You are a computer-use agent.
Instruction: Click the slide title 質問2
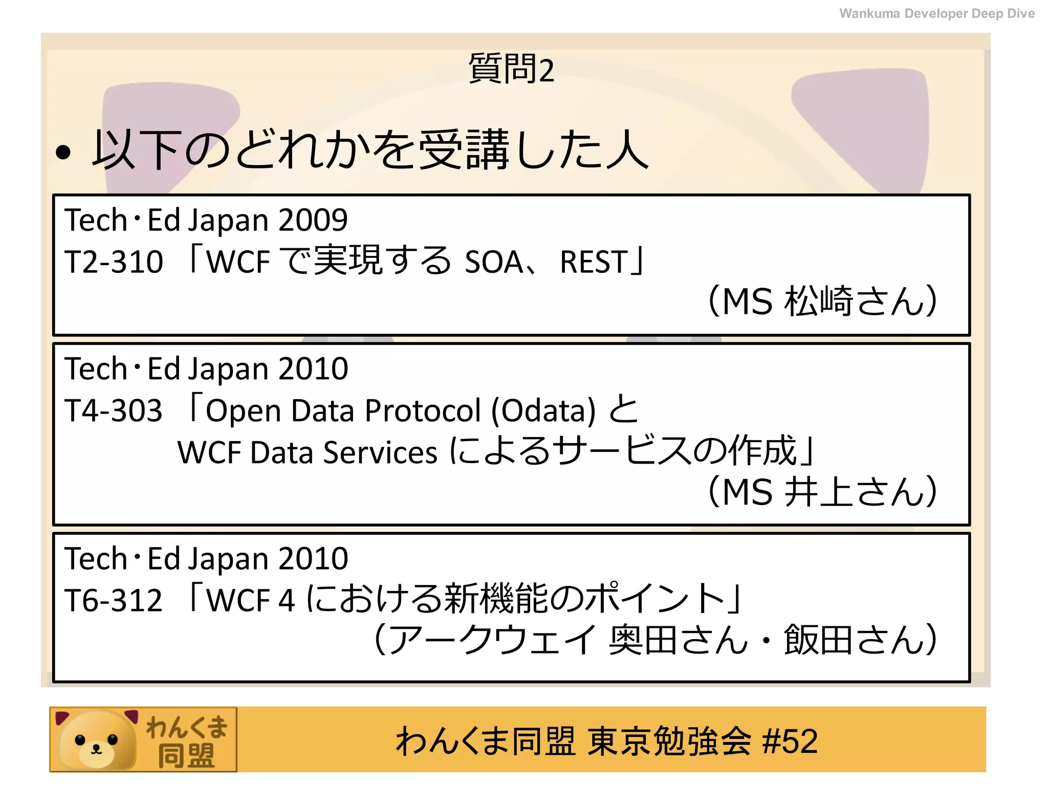coord(511,69)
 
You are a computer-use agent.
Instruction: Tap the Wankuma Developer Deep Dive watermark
coord(936,13)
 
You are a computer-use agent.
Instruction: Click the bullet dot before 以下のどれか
coord(63,152)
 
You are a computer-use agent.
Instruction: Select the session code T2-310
coord(114,261)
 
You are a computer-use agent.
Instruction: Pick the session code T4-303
coord(114,410)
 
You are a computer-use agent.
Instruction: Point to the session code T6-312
coord(114,600)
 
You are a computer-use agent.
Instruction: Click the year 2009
coord(313,220)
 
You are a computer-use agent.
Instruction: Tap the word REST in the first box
coord(594,261)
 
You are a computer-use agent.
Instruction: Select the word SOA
coord(494,261)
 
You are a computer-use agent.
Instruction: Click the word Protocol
coord(423,410)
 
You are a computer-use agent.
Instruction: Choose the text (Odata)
coord(544,410)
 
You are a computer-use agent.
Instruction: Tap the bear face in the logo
coord(96,740)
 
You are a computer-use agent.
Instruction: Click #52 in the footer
coord(790,741)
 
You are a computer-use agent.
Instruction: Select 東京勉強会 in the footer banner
coord(669,741)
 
